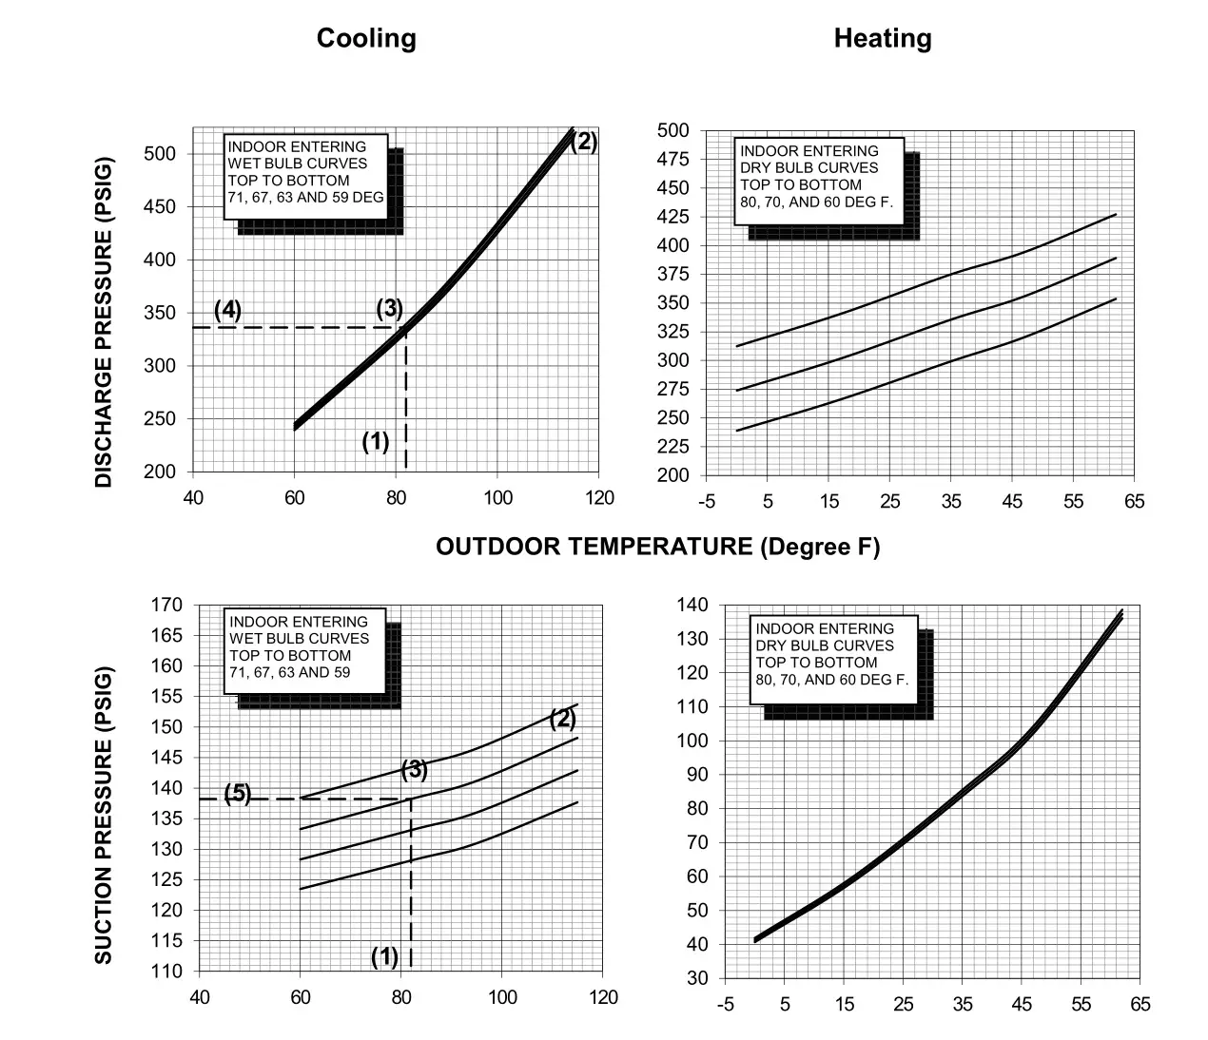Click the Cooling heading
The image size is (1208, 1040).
[366, 38]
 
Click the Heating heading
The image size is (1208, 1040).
[883, 38]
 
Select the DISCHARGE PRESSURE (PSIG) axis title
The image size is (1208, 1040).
[104, 320]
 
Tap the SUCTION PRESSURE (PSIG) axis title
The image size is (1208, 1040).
[104, 815]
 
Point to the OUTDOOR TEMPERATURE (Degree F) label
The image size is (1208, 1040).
[657, 547]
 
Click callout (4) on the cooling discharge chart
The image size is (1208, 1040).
[227, 310]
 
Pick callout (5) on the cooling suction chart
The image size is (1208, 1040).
[238, 794]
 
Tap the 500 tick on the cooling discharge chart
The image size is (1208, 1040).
[160, 154]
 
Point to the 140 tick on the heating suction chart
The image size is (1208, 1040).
[692, 605]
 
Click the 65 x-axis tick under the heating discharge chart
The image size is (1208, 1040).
[1134, 501]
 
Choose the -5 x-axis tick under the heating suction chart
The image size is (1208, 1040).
[725, 1004]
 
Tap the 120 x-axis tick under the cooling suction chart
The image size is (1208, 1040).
[603, 997]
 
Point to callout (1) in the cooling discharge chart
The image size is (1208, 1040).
[376, 441]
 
